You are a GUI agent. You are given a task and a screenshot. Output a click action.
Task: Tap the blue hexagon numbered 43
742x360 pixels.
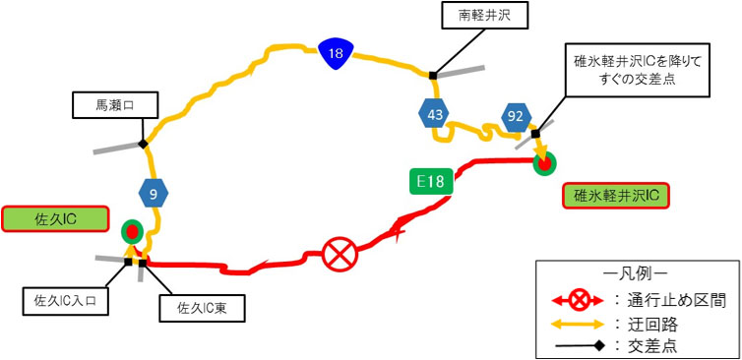point(434,116)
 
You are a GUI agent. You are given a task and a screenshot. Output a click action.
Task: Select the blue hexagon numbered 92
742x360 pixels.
point(514,117)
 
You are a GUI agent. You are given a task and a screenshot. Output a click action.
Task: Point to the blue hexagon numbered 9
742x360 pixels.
point(154,194)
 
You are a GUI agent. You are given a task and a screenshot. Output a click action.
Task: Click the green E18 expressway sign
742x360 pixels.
point(431,181)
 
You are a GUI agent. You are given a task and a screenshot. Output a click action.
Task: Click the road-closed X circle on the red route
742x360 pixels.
point(339,255)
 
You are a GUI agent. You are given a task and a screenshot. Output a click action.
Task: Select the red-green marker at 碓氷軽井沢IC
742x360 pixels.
point(542,163)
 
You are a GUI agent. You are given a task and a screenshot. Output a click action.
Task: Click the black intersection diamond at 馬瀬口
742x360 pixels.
point(144,145)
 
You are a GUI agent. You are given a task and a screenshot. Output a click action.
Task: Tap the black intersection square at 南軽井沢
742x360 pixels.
point(432,74)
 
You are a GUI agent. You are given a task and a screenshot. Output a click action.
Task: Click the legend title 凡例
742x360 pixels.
point(635,270)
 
